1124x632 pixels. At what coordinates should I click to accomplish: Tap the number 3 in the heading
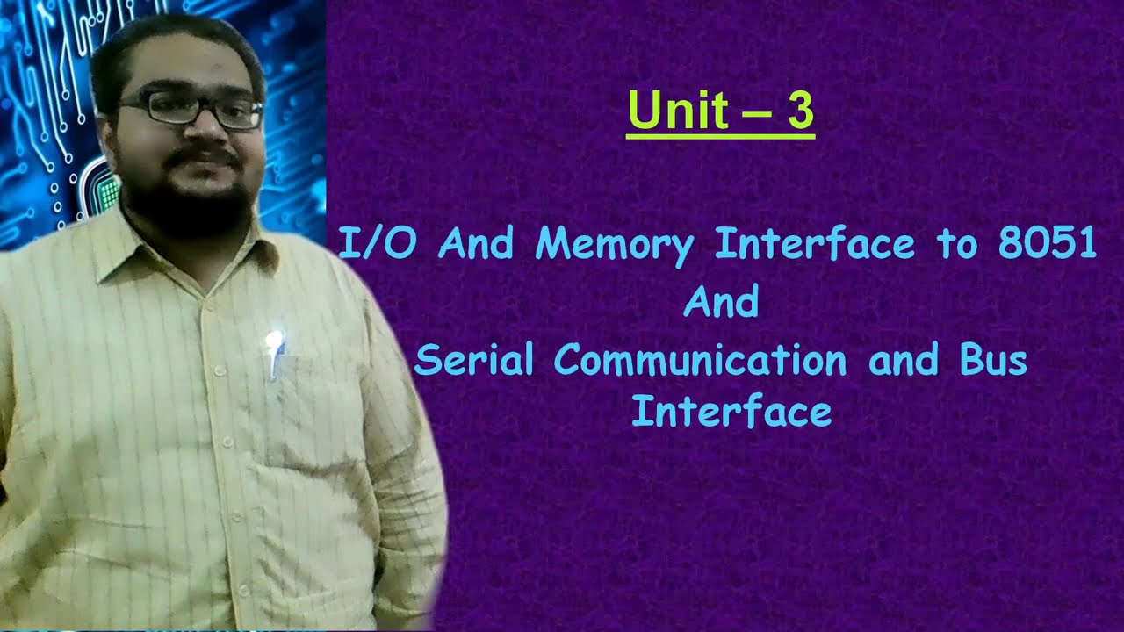click(x=799, y=112)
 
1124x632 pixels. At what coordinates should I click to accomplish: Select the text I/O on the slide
click(x=377, y=243)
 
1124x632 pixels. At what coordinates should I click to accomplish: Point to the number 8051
click(x=1047, y=243)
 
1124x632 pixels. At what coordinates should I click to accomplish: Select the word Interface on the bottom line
click(x=731, y=411)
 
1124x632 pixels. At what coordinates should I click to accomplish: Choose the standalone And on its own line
click(x=721, y=303)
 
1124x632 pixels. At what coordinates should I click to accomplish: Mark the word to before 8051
click(x=957, y=244)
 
